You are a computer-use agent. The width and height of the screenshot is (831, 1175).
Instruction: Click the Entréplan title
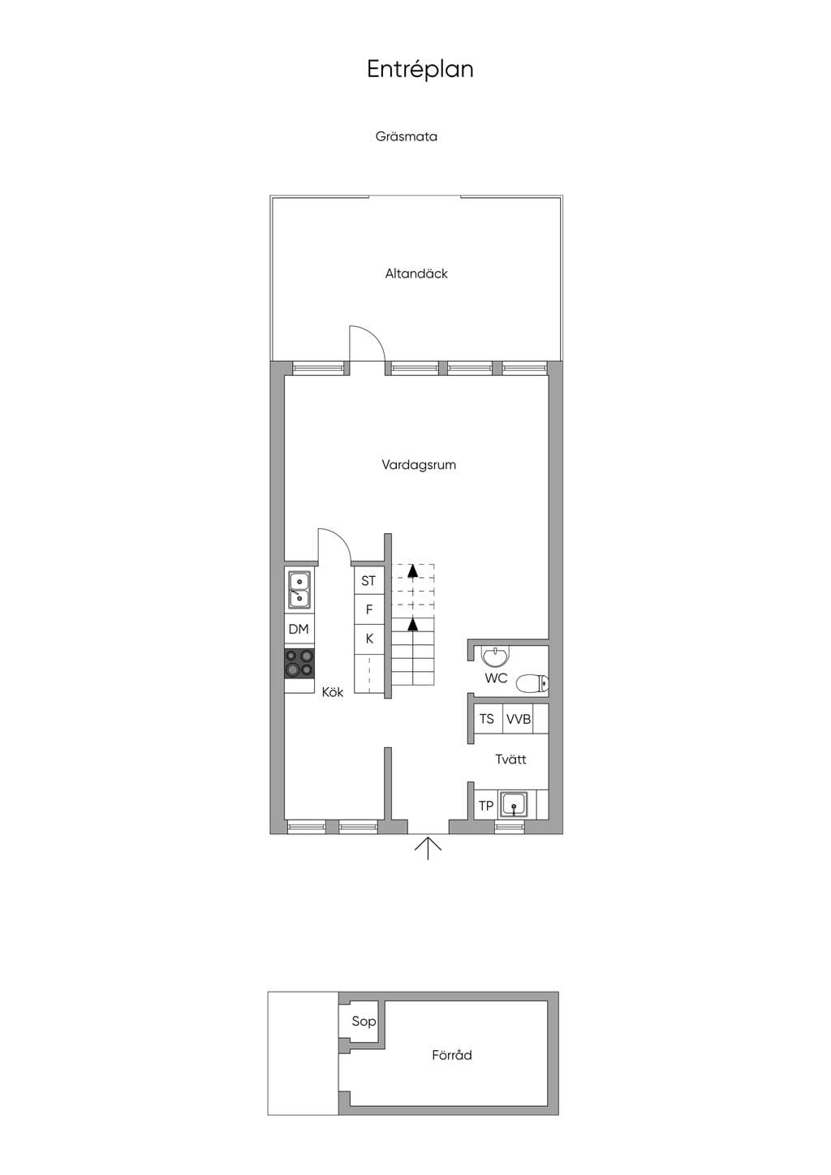[x=420, y=69]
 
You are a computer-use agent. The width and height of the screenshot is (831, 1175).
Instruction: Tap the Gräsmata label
[x=406, y=136]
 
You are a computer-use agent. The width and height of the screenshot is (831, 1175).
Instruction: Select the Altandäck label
[x=416, y=273]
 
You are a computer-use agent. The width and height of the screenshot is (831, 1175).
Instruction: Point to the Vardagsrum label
[x=419, y=465]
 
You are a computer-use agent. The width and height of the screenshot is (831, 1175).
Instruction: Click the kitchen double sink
[x=299, y=590]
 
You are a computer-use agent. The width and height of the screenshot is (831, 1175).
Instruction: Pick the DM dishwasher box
[x=299, y=629]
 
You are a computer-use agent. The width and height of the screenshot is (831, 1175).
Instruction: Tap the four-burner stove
[x=299, y=664]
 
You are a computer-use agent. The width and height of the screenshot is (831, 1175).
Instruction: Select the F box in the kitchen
[x=368, y=609]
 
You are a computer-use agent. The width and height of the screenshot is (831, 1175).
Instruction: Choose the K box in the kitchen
[x=368, y=639]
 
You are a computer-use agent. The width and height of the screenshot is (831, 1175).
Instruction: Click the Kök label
[x=333, y=692]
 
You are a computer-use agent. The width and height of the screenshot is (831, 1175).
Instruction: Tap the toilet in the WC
[x=532, y=684]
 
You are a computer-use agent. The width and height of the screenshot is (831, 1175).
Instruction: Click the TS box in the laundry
[x=486, y=719]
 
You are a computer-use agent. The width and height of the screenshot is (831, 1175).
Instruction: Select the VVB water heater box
[x=519, y=719]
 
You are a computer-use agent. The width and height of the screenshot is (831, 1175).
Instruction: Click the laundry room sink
[x=515, y=805]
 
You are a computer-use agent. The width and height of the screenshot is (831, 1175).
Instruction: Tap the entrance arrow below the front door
[x=428, y=848]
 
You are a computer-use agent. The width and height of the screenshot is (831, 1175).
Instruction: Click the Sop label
[x=364, y=1022]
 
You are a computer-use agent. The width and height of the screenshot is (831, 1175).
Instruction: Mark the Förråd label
[x=452, y=1055]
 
